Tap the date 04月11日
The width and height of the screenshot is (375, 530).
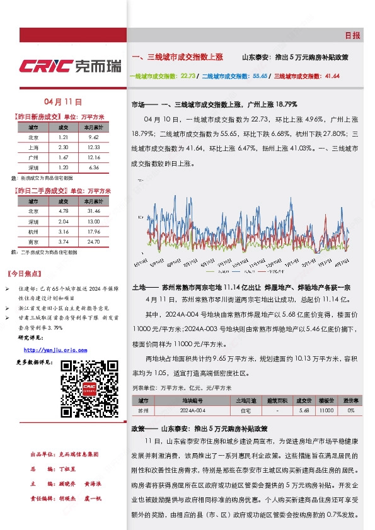[x=64, y=101]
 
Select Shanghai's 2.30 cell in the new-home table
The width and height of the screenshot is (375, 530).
[x=63, y=146]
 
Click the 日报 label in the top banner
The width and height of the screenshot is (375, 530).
[x=353, y=36]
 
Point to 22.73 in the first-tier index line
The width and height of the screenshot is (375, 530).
[x=188, y=76]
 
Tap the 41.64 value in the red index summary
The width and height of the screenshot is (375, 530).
[x=332, y=76]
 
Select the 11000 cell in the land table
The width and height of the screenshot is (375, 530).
[x=326, y=410]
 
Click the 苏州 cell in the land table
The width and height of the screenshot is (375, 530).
[x=144, y=410]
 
